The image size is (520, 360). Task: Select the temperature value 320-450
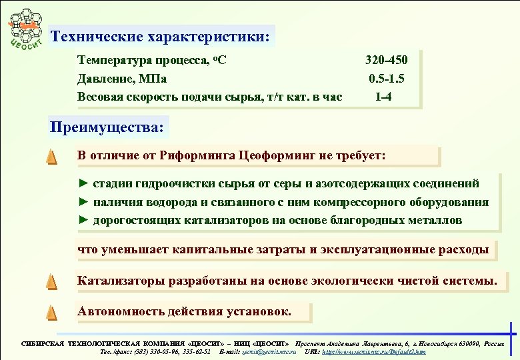point(387,61)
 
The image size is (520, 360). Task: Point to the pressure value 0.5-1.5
point(387,79)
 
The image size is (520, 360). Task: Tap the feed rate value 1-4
point(383,97)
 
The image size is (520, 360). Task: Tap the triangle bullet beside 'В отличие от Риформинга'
point(51,157)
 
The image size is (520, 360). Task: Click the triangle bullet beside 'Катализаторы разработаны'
point(51,281)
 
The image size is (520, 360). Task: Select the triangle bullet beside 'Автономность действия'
point(51,311)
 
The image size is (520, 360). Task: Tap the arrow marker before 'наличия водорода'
point(83,202)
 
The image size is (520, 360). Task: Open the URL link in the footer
point(373,351)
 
